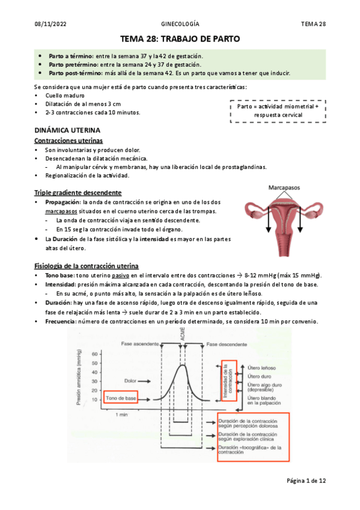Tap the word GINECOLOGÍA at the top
click(180, 23)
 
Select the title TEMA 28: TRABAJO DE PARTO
click(180, 39)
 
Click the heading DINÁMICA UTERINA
click(67, 130)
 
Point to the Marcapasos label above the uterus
click(285, 187)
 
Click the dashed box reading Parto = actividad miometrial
click(278, 110)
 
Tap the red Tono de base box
click(121, 398)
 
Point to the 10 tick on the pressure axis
click(94, 399)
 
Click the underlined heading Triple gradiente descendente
click(78, 192)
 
